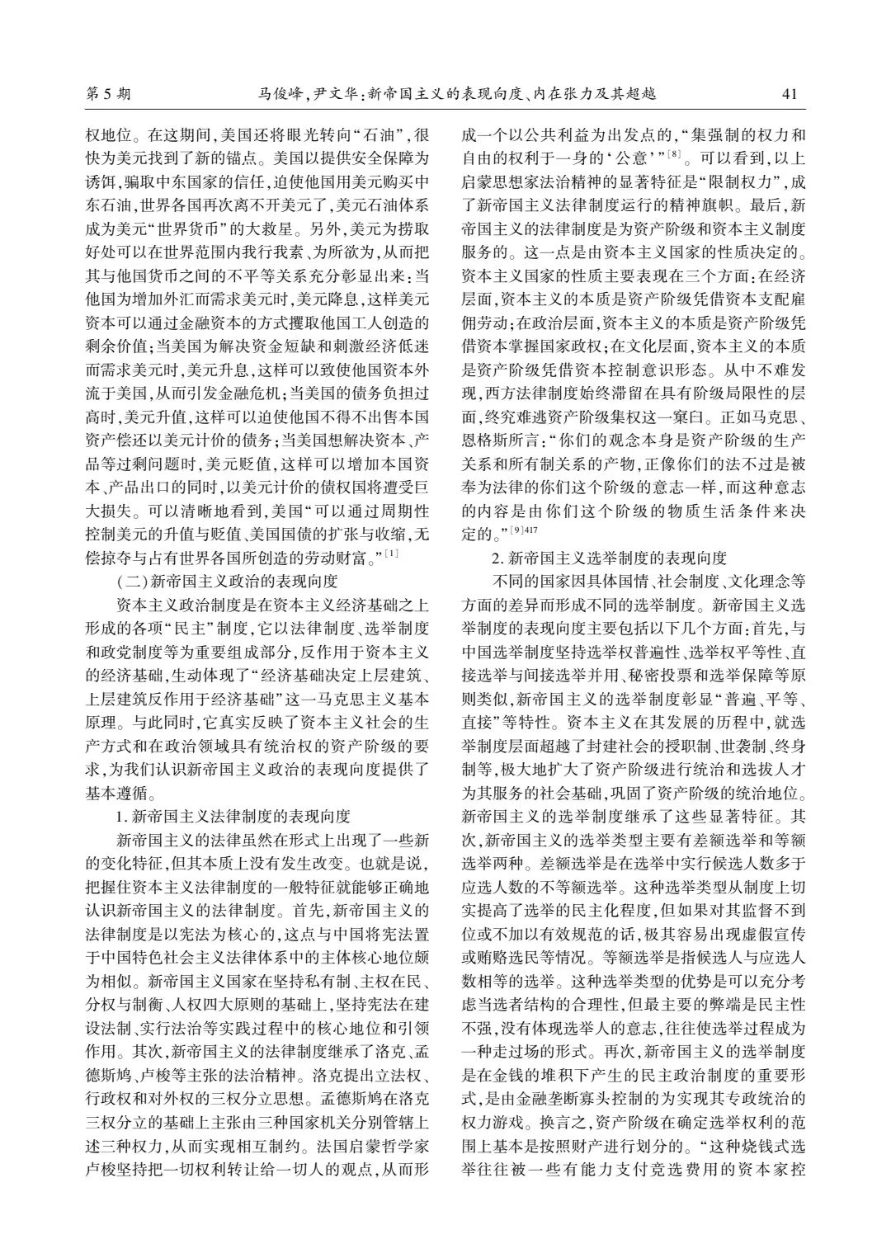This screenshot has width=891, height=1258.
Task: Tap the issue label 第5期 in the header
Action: (108, 93)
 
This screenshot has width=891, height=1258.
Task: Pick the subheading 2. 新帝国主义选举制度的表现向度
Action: (609, 559)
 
